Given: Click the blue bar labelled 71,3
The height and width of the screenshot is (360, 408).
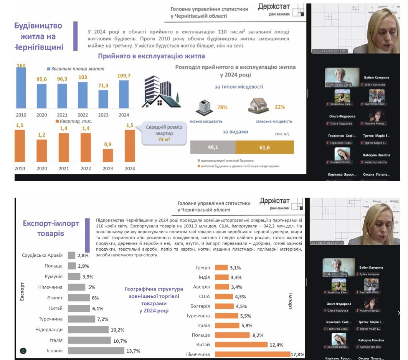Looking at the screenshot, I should click(x=103, y=99).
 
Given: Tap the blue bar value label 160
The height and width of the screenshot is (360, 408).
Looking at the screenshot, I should click(x=21, y=66).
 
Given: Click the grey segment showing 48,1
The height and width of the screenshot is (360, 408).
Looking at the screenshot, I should click(x=213, y=147).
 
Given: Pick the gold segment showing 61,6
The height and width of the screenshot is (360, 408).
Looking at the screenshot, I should click(x=264, y=147).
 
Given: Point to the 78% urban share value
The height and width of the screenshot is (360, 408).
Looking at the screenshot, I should click(x=223, y=107).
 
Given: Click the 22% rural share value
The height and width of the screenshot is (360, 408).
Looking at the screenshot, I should click(x=280, y=107).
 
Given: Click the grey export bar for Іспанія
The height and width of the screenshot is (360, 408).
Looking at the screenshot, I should click(x=96, y=351).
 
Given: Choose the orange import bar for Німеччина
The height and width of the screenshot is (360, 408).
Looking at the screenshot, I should click(x=253, y=354).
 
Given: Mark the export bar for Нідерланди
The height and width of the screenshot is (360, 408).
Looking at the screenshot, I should click(x=88, y=329).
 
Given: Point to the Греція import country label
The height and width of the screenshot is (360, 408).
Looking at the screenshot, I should click(x=203, y=268).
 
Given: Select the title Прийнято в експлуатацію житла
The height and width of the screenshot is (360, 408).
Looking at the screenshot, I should click(x=151, y=56).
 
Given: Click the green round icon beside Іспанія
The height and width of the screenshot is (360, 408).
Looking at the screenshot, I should click(x=23, y=350).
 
